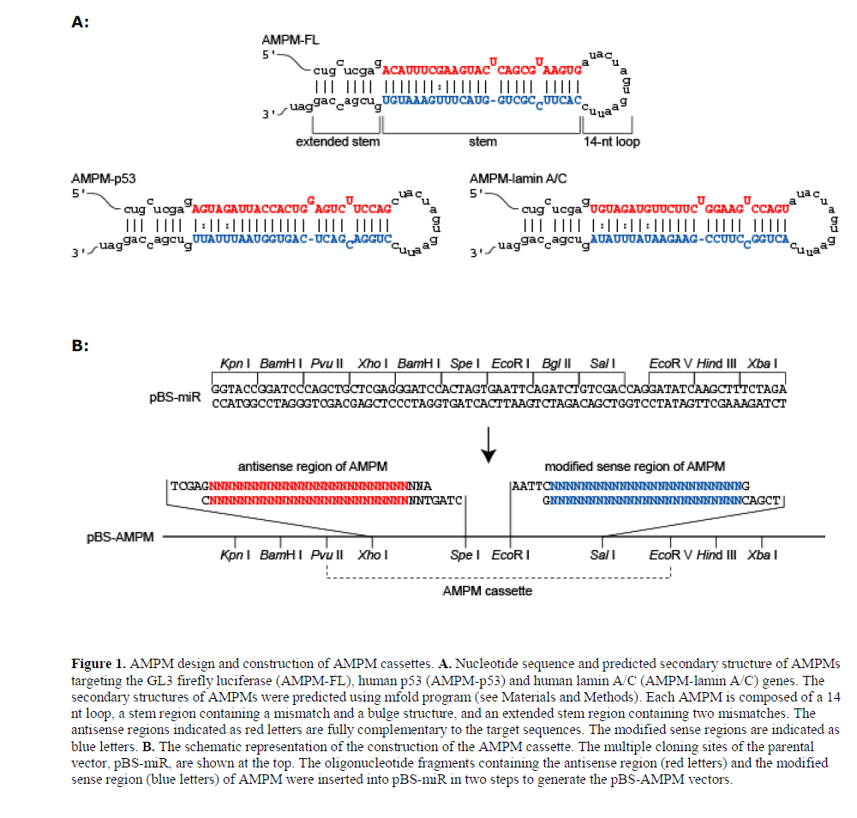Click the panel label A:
click(80, 23)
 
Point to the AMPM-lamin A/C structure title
click(518, 179)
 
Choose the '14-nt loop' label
click(611, 141)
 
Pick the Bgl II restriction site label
click(557, 364)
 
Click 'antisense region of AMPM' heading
click(312, 467)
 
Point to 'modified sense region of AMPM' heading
click(634, 467)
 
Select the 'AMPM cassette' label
click(488, 591)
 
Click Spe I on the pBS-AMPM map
click(465, 555)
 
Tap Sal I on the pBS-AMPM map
click(603, 555)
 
